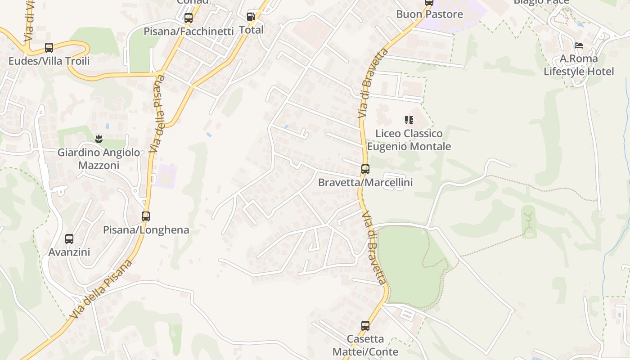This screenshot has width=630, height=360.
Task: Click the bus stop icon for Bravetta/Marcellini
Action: click(365, 169)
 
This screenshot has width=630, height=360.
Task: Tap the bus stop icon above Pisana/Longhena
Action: click(145, 216)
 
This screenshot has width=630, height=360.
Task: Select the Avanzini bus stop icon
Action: click(69, 239)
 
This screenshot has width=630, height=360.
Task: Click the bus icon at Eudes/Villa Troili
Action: click(49, 48)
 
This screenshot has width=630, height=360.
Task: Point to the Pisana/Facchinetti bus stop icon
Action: click(189, 18)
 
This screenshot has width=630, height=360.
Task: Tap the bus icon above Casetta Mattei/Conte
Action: click(365, 325)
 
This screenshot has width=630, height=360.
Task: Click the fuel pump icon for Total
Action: click(251, 17)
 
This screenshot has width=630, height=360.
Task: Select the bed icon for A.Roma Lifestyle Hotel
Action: click(579, 45)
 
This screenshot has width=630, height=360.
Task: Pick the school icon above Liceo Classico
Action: click(409, 120)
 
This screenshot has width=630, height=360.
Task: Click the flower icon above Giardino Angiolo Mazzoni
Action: click(99, 139)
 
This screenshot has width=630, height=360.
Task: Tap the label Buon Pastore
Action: click(429, 14)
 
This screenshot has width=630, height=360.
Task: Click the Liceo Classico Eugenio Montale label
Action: click(409, 140)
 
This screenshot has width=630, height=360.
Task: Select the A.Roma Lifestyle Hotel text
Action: click(579, 65)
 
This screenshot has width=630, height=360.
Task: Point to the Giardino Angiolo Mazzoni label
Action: click(99, 159)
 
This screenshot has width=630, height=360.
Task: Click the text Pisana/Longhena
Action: click(146, 230)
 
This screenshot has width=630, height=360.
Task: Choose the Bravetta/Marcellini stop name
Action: click(365, 183)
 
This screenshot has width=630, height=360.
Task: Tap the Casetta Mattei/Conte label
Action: click(365, 345)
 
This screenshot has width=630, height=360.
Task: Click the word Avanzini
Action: click(69, 252)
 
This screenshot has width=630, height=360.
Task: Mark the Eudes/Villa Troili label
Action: click(49, 61)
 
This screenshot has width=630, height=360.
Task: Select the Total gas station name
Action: click(251, 30)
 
